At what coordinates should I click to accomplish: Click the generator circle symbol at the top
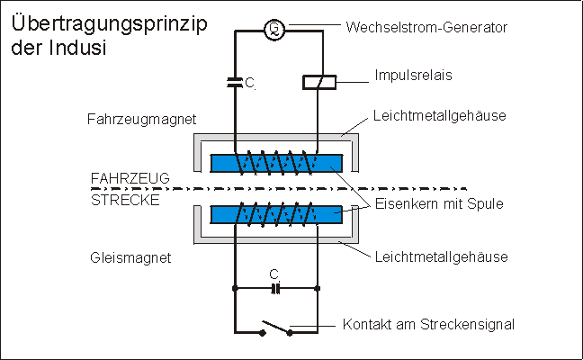point(275,30)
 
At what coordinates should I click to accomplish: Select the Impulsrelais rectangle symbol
point(318,82)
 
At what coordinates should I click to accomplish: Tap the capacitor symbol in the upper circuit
point(234,82)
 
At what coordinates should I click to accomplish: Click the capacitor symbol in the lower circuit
point(276,289)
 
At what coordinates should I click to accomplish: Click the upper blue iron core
point(275,163)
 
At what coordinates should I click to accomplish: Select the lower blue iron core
point(275,214)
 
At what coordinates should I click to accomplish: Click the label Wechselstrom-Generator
point(426,28)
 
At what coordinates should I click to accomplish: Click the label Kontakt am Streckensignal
point(427,323)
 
